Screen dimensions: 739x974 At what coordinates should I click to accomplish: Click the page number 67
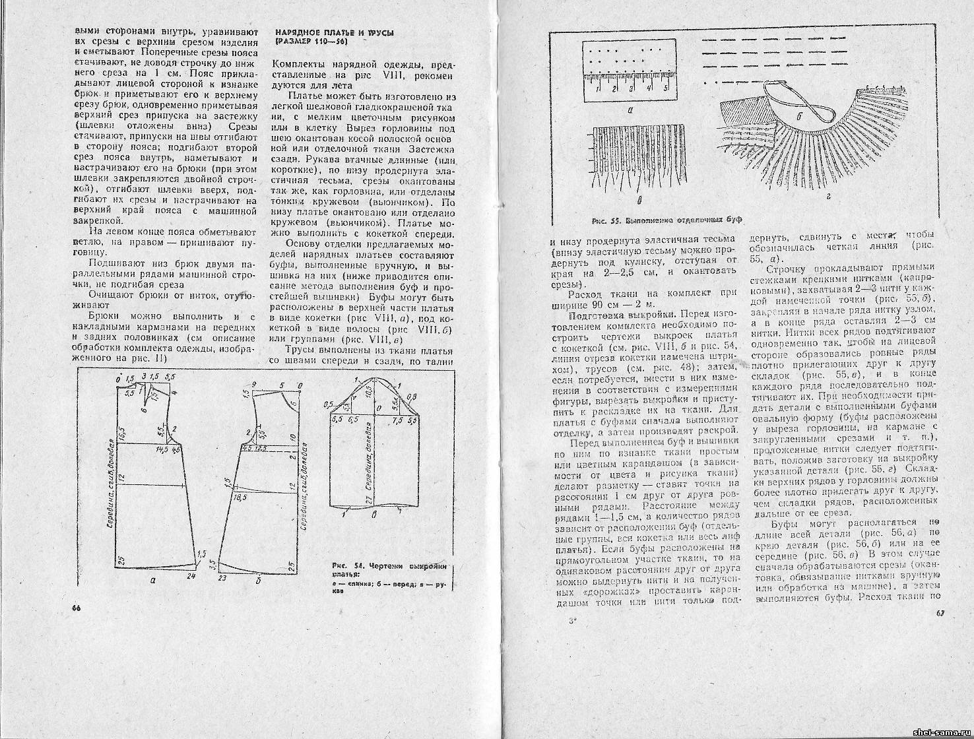940,614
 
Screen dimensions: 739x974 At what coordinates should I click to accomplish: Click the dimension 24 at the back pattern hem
191,576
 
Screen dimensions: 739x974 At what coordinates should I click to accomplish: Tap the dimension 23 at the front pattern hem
222,577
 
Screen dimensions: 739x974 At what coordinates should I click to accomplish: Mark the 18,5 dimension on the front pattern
240,497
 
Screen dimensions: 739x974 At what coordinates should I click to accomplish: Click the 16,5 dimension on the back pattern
122,437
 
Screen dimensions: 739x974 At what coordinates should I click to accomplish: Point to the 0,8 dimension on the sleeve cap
412,396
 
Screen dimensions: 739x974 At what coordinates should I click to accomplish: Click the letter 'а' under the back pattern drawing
153,581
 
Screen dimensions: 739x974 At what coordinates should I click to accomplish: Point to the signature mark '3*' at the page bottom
571,621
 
